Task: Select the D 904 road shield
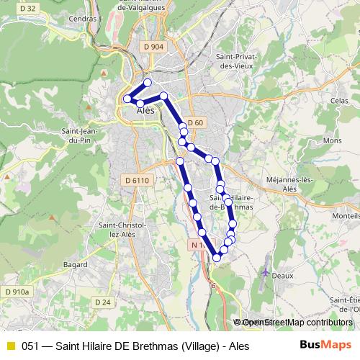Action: pyautogui.click(x=153, y=47)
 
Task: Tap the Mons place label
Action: pyautogui.click(x=332, y=141)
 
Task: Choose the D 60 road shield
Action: pyautogui.click(x=195, y=122)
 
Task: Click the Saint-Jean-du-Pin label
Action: pyautogui.click(x=80, y=136)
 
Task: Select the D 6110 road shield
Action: pyautogui.click(x=135, y=180)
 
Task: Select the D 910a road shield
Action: pyautogui.click(x=17, y=292)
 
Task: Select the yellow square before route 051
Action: pyautogui.click(x=10, y=346)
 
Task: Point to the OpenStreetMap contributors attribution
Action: pyautogui.click(x=293, y=323)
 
